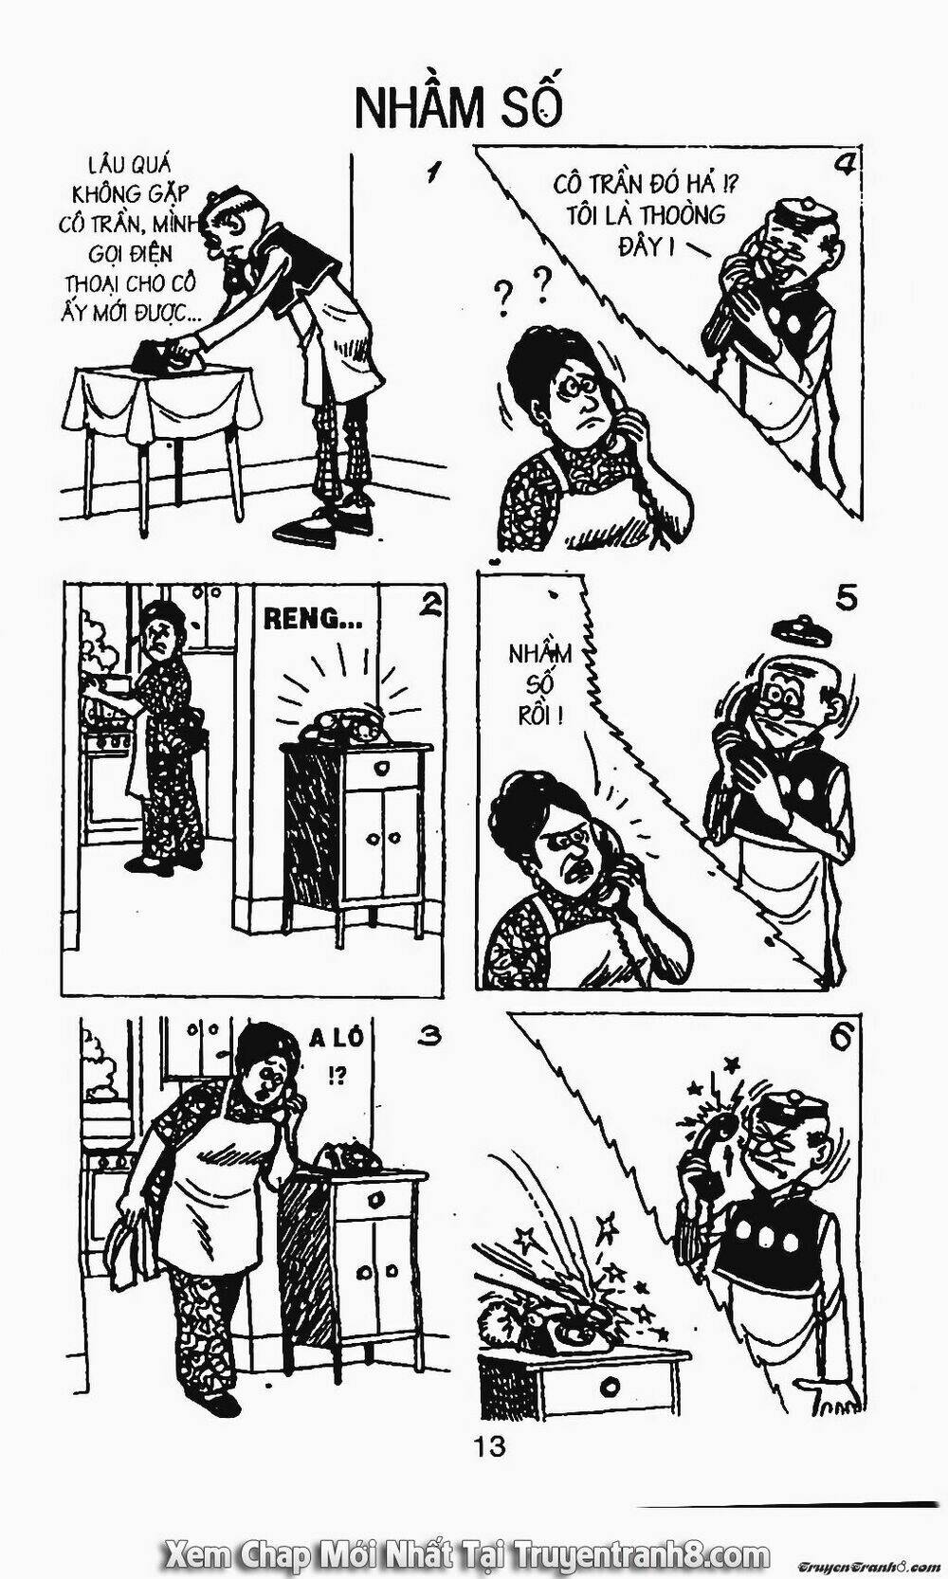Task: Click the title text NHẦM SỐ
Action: [x=458, y=106]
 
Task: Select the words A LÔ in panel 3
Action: [x=337, y=1038]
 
